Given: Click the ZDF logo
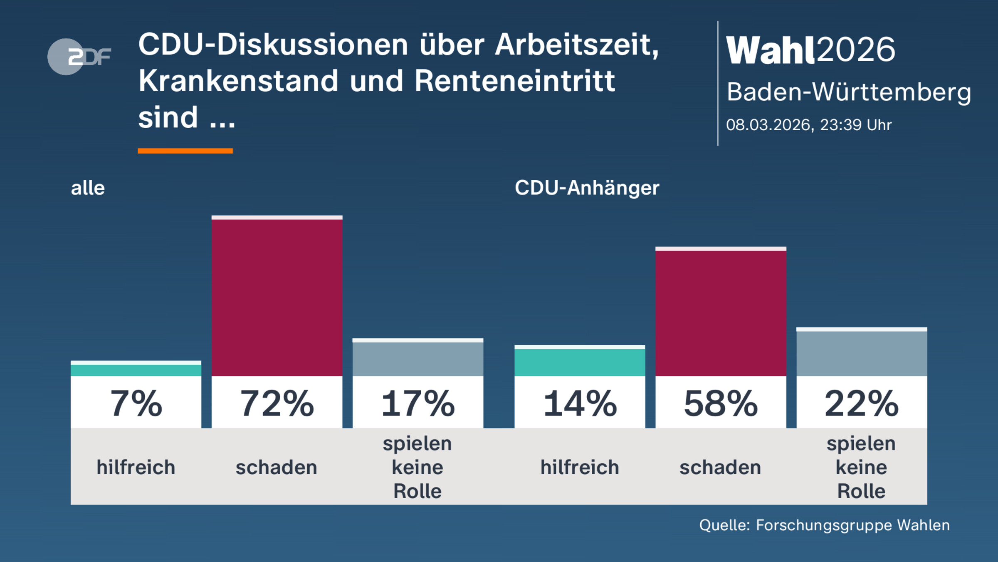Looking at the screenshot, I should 79,57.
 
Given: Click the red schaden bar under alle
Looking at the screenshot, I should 277,298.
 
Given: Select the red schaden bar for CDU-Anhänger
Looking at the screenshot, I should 721,313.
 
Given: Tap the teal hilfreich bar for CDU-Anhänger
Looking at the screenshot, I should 580,362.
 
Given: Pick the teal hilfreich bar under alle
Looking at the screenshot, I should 136,370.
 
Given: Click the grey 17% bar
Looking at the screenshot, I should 418,359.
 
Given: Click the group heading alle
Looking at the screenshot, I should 88,188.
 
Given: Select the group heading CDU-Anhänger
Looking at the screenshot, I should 587,188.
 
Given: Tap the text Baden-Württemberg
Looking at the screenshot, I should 849,92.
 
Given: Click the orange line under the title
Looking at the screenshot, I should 185,151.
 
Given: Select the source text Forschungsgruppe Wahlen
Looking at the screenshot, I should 852,525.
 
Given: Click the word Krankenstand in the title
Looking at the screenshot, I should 239,81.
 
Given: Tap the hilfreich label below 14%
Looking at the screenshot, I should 580,467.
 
